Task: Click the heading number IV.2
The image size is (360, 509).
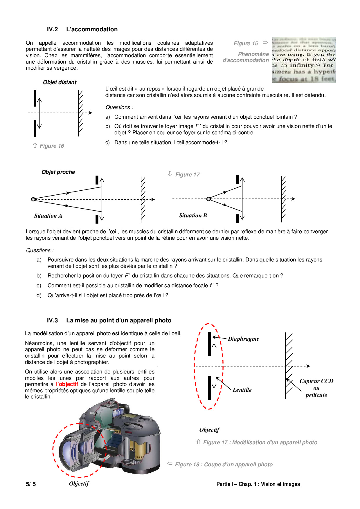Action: [x=52, y=29]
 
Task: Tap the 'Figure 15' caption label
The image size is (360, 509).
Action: [x=246, y=43]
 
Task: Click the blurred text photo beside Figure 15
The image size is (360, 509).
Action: [x=304, y=60]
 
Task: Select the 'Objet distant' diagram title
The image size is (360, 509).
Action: [x=60, y=82]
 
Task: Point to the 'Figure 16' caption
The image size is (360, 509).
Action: [x=52, y=146]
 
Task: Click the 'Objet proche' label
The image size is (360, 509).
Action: [x=58, y=172]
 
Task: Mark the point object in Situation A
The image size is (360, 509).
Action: [x=33, y=199]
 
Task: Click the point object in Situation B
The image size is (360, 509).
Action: [x=208, y=199]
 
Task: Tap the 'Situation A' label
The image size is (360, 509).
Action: [x=48, y=216]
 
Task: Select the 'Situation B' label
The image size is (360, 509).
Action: [x=193, y=215]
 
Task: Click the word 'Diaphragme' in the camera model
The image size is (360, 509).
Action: [x=243, y=339]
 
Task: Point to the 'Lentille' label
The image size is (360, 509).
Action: [x=242, y=390]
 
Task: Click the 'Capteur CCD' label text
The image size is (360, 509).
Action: [x=316, y=381]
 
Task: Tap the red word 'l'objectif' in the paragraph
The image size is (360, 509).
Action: [x=67, y=384]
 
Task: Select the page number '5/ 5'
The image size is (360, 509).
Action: [x=31, y=484]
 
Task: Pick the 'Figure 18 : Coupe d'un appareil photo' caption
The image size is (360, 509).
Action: [x=224, y=464]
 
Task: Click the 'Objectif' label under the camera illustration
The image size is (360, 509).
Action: [x=79, y=483]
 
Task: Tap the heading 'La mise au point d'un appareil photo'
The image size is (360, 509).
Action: [x=119, y=320]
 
